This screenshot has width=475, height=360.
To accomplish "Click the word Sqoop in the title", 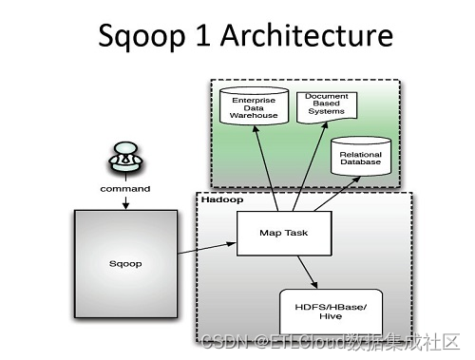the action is [142, 37].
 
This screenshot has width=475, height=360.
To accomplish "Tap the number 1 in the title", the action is [202, 35].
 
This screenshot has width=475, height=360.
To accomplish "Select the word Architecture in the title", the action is [307, 35].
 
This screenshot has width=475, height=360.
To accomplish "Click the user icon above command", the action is [125, 158].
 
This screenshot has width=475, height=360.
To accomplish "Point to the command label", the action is [125, 189].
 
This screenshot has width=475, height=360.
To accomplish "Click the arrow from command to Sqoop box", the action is [125, 202].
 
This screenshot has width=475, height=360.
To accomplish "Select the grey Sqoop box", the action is [125, 264].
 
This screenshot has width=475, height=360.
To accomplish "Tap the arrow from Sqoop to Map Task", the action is [207, 248].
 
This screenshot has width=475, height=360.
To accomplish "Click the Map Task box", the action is [284, 234].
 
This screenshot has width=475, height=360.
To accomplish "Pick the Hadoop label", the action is [222, 199].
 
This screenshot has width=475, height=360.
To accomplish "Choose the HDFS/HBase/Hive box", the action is [331, 312].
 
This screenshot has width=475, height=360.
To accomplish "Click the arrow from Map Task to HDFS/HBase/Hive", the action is [307, 272].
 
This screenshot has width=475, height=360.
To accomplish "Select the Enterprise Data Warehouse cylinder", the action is [254, 106].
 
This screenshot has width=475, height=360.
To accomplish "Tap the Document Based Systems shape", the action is [327, 107].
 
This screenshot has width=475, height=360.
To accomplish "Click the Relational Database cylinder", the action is [361, 157].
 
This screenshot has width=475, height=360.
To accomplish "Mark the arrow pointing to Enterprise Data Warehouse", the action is [265, 168].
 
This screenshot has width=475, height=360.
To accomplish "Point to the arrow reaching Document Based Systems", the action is [310, 166].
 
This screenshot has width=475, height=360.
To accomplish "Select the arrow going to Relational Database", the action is [337, 194].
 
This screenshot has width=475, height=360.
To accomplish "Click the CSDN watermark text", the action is [331, 342].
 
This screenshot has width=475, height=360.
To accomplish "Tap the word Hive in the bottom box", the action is [331, 316].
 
